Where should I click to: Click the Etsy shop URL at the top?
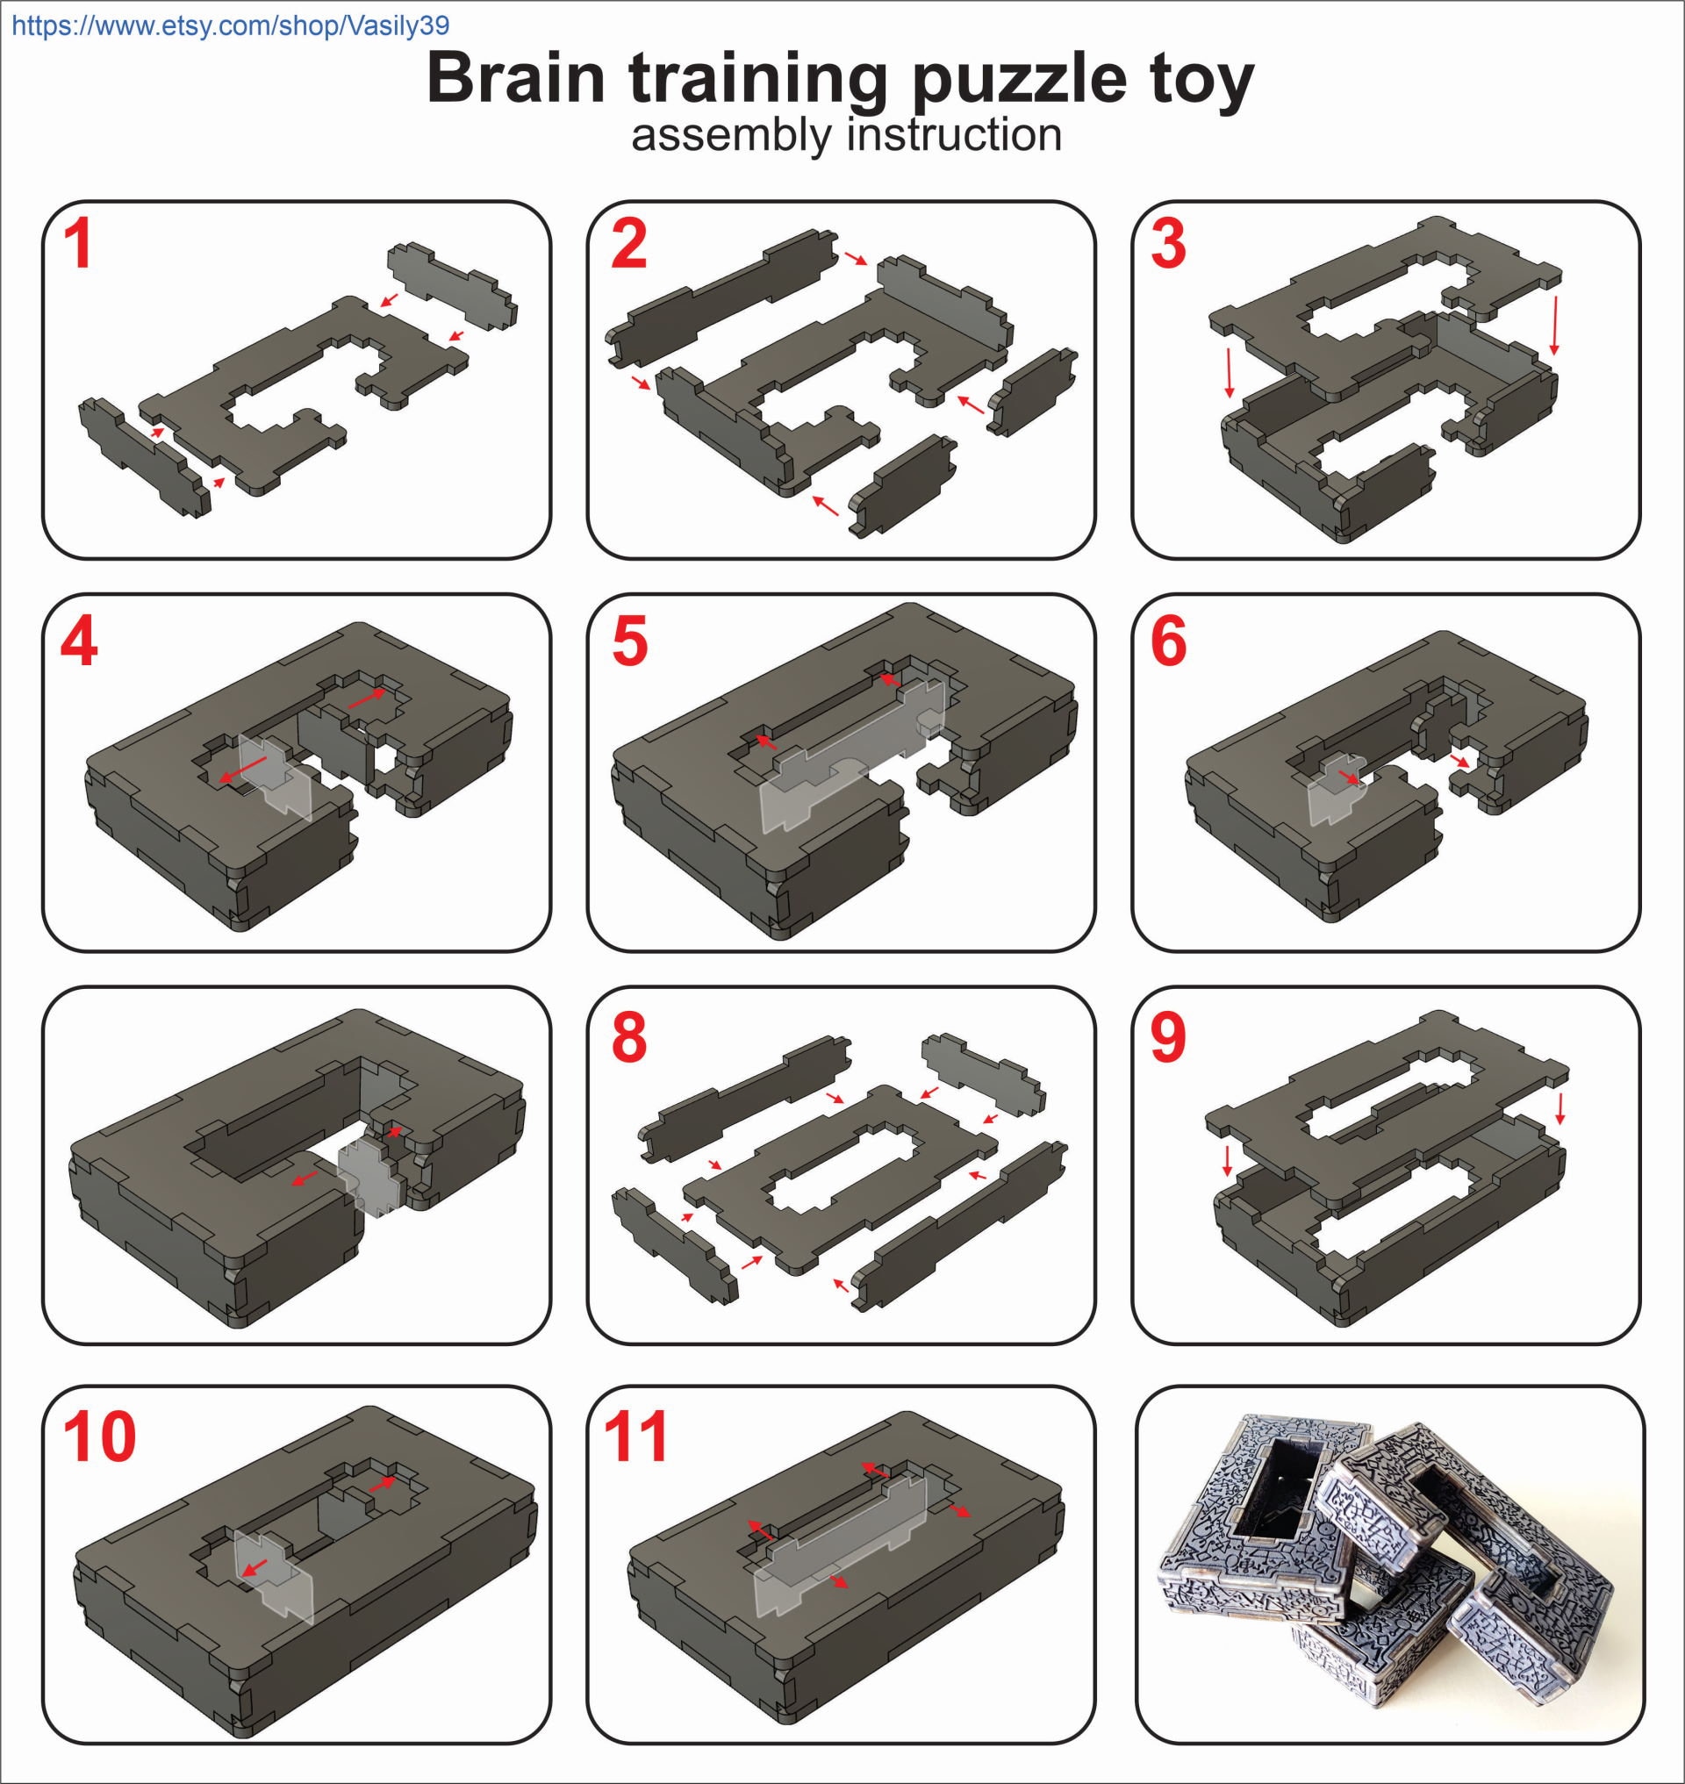pyautogui.click(x=231, y=25)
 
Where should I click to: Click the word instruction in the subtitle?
pyautogui.click(x=954, y=135)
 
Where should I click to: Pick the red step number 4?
pyautogui.click(x=79, y=643)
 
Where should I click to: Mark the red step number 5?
pyautogui.click(x=628, y=643)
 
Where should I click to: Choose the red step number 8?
pyautogui.click(x=627, y=1037)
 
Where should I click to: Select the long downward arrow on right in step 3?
pyautogui.click(x=1555, y=326)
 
